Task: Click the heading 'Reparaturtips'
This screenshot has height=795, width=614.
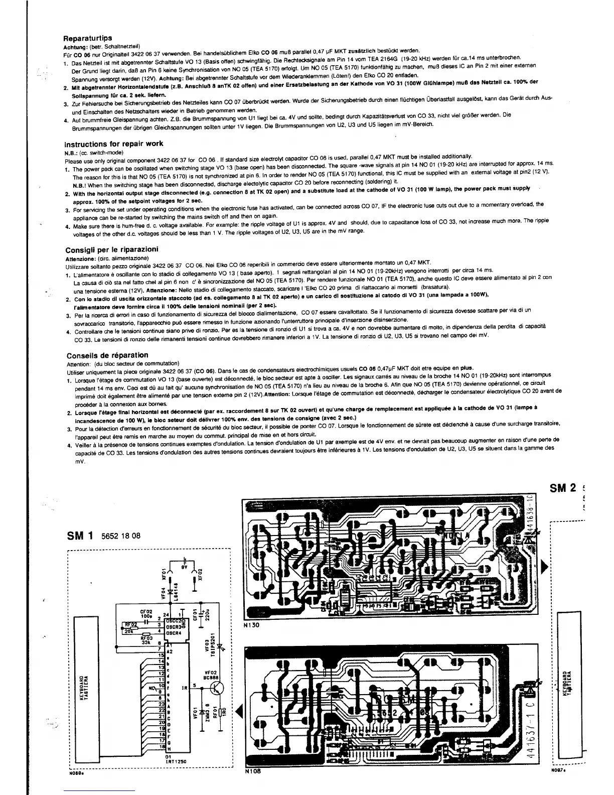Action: pyautogui.click(x=87, y=38)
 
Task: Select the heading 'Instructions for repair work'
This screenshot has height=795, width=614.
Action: pyautogui.click(x=114, y=144)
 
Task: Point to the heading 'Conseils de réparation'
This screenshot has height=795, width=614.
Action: pyautogui.click(x=107, y=355)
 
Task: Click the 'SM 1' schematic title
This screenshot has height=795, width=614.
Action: pyautogui.click(x=80, y=535)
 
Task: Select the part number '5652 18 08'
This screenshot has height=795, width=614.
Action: pyautogui.click(x=120, y=536)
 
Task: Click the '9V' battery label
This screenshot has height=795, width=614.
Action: pyautogui.click(x=184, y=568)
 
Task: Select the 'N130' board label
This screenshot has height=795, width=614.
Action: pyautogui.click(x=251, y=626)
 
